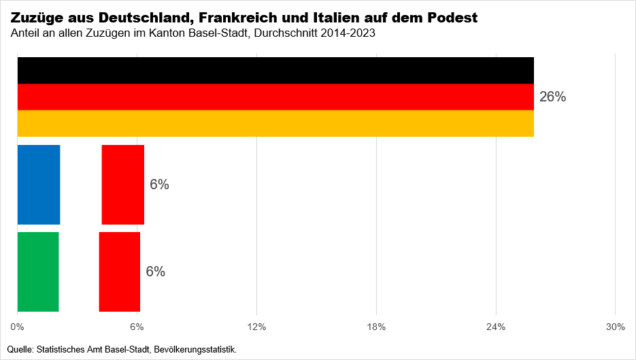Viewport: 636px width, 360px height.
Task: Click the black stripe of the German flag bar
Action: tap(275, 70)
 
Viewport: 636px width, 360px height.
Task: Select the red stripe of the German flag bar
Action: tap(275, 97)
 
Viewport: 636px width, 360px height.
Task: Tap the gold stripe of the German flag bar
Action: tap(275, 123)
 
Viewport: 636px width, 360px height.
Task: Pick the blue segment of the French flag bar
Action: tap(39, 184)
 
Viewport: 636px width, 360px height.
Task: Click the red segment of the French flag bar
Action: tap(122, 184)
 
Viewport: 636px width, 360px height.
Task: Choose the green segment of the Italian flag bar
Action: tap(38, 272)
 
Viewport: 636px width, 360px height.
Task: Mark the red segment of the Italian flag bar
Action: tap(119, 272)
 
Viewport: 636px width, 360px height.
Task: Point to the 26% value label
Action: tap(552, 97)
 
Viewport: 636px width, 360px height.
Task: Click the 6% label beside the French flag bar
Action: tap(159, 184)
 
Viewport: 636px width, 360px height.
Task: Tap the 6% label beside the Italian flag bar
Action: tap(155, 272)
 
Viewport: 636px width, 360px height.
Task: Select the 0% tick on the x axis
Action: tap(18, 327)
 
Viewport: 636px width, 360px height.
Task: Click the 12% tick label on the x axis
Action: tap(256, 327)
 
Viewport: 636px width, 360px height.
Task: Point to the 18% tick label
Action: tap(376, 327)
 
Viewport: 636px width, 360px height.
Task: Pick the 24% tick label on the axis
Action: tap(496, 327)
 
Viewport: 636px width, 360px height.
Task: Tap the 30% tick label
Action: tap(615, 327)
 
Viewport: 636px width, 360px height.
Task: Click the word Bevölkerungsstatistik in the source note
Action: tap(195, 350)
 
